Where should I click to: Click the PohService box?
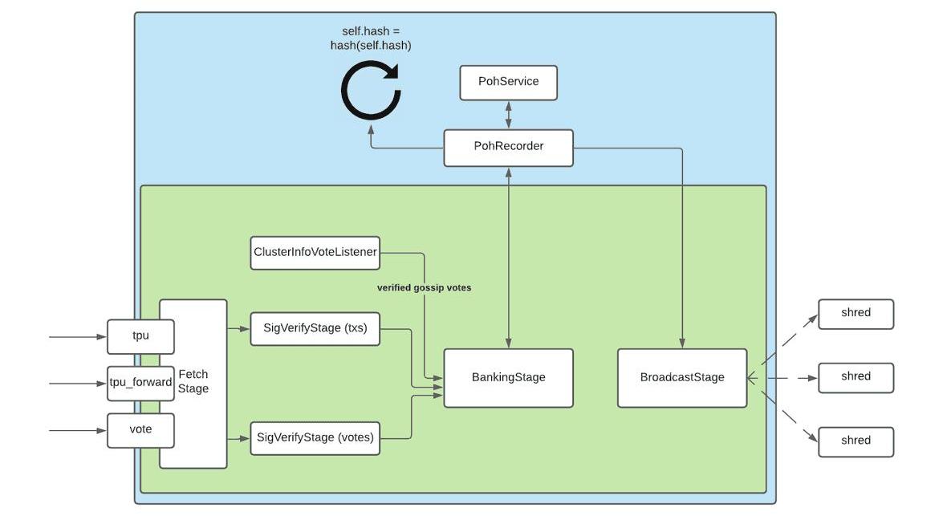[508, 83]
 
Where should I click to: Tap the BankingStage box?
[508, 378]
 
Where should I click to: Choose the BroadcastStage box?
[682, 378]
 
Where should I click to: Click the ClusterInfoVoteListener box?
[315, 253]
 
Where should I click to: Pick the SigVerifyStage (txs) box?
[315, 328]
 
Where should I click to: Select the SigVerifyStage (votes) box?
[315, 438]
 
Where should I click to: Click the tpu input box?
[140, 337]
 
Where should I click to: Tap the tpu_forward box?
[140, 383]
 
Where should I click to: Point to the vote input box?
[140, 430]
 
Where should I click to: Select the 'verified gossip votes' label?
[424, 287]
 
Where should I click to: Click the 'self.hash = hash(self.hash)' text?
[371, 39]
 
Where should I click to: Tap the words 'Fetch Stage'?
[193, 382]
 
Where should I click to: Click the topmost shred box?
[856, 314]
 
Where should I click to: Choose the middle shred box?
[856, 377]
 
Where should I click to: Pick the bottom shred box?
[856, 441]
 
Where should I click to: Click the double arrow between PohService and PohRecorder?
[508, 114]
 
